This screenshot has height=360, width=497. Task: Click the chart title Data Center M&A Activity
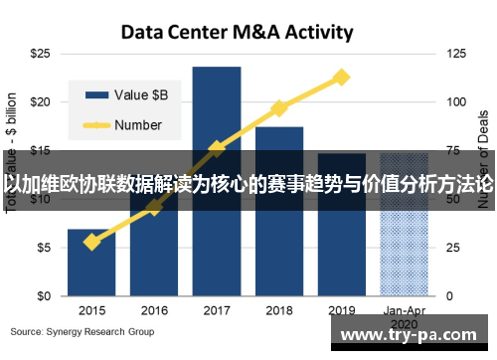point(237,32)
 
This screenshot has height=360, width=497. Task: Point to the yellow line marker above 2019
point(341,77)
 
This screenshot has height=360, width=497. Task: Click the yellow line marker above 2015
point(91,242)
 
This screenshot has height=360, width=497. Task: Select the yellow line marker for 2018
point(279,107)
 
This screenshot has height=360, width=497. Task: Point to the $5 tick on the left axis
point(44,248)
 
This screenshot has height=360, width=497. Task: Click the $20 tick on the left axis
point(41,101)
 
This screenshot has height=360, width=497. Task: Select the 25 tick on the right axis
point(455,248)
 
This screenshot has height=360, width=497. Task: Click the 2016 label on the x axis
point(154,310)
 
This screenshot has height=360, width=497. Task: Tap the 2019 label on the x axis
point(342,310)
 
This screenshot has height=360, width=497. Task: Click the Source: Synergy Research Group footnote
point(83,331)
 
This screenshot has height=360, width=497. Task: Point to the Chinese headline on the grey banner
point(248,185)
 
